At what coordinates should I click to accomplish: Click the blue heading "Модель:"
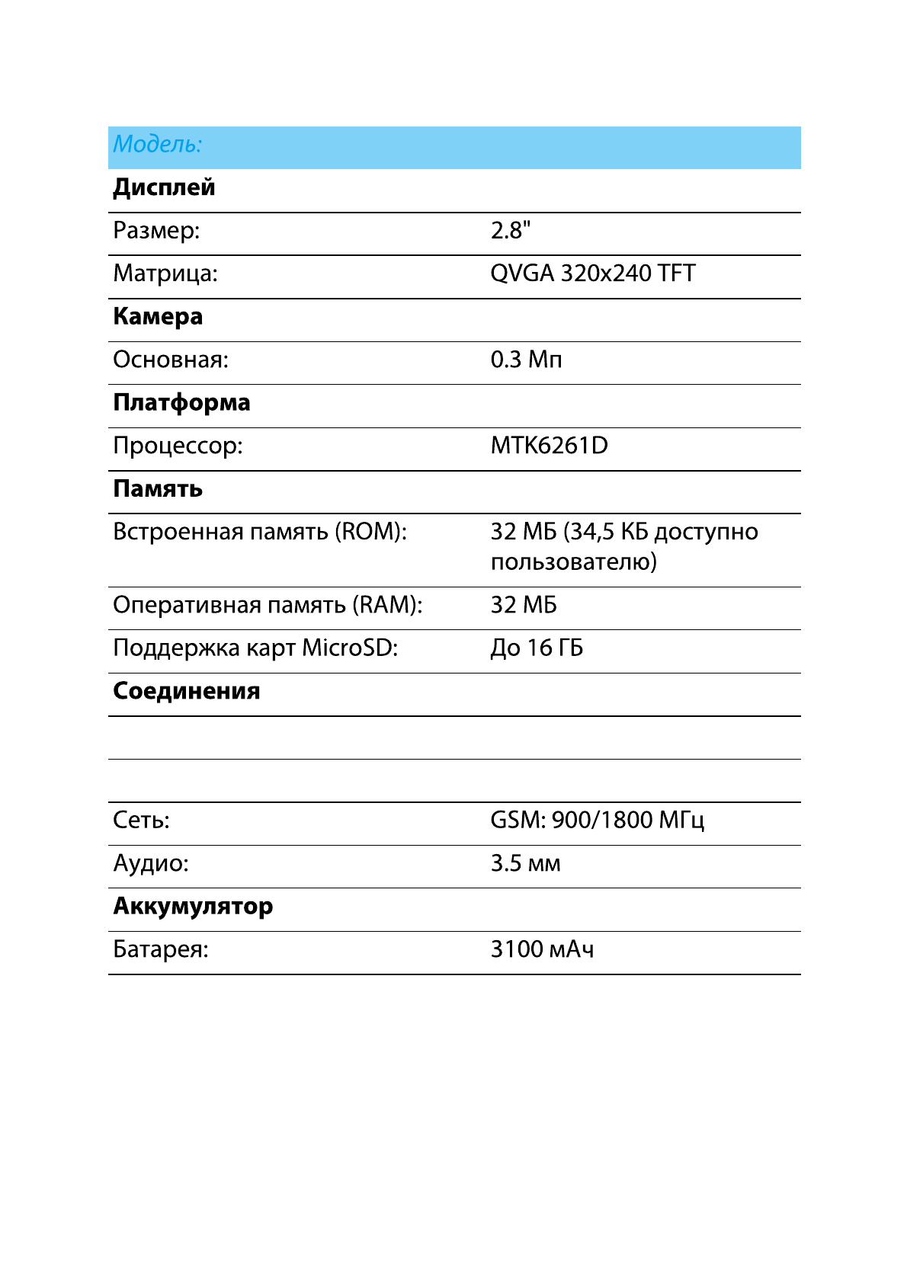pyautogui.click(x=158, y=144)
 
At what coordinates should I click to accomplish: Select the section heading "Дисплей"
pyautogui.click(x=164, y=187)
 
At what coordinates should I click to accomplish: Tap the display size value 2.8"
pyautogui.click(x=510, y=230)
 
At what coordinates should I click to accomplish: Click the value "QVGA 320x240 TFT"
pyautogui.click(x=592, y=274)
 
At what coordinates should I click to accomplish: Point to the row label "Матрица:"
pyautogui.click(x=165, y=274)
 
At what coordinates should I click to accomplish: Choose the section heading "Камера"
pyautogui.click(x=158, y=317)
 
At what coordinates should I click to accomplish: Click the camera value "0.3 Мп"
pyautogui.click(x=526, y=360)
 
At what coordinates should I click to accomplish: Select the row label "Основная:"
pyautogui.click(x=171, y=360)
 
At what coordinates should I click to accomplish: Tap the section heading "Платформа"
pyautogui.click(x=181, y=403)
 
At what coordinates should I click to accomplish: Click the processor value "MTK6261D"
pyautogui.click(x=549, y=446)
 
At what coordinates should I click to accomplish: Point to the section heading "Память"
pyautogui.click(x=158, y=489)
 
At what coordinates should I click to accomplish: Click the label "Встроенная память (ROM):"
pyautogui.click(x=260, y=532)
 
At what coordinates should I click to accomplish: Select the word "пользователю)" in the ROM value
pyautogui.click(x=573, y=562)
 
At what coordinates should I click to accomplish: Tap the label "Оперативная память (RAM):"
pyautogui.click(x=268, y=605)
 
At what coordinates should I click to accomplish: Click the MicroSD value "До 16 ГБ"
pyautogui.click(x=537, y=648)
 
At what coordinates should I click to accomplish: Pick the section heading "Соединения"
pyautogui.click(x=187, y=692)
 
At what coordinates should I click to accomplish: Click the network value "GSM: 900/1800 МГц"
pyautogui.click(x=597, y=821)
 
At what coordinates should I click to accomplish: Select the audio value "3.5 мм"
pyautogui.click(x=525, y=864)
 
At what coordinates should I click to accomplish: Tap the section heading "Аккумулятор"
pyautogui.click(x=193, y=907)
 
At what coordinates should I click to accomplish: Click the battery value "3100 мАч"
pyautogui.click(x=542, y=950)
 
